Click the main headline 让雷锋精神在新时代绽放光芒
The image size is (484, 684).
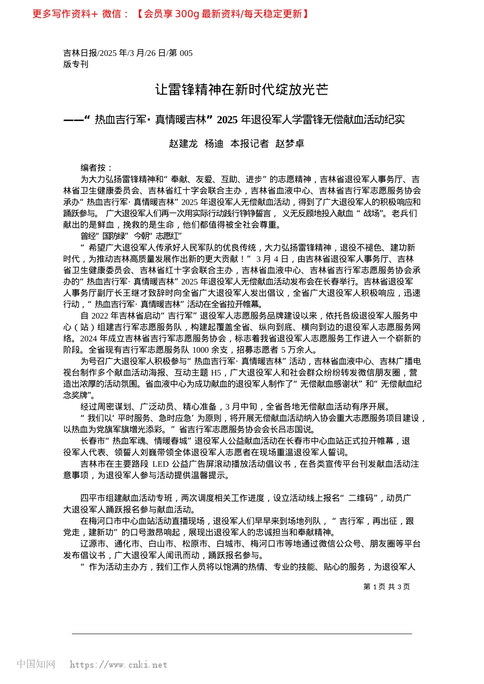[241, 90]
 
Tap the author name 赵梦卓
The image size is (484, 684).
[289, 144]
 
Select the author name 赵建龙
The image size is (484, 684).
[183, 144]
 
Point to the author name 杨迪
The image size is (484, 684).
[214, 144]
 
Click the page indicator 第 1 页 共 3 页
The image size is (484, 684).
[386, 587]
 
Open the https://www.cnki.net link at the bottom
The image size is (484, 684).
[118, 665]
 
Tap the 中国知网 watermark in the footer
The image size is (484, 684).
[36, 664]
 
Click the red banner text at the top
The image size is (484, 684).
[170, 14]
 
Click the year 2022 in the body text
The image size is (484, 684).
[101, 316]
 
